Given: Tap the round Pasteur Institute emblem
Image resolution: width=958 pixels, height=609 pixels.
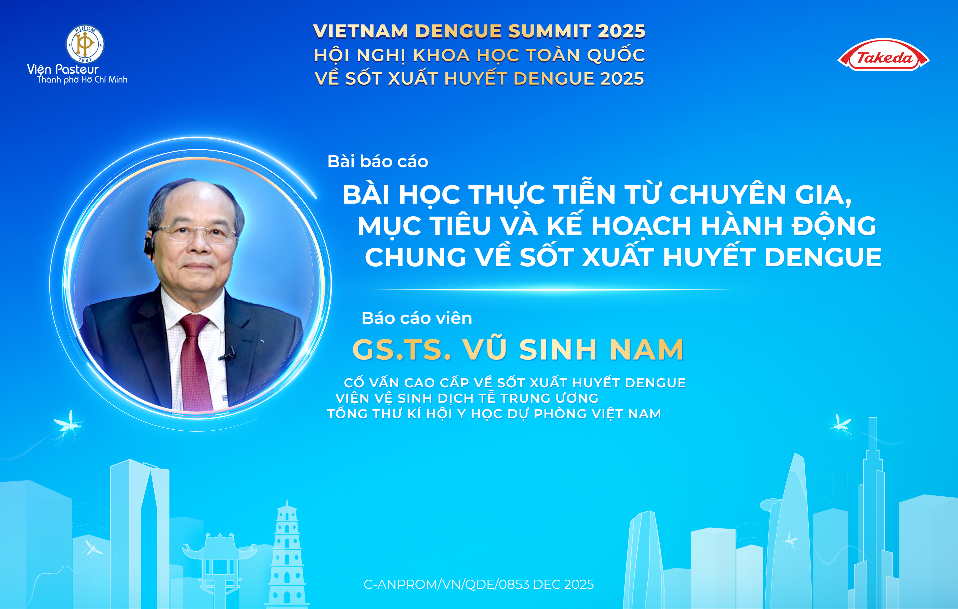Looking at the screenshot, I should (x=85, y=44).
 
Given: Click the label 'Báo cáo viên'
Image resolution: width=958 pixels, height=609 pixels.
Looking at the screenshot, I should (x=417, y=318).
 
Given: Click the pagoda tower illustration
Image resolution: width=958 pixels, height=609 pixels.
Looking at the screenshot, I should (x=286, y=557).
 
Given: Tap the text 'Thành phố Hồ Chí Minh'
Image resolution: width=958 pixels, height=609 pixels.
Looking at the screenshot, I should (x=82, y=80).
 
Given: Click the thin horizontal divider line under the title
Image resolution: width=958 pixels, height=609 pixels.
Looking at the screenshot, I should (x=553, y=289).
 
